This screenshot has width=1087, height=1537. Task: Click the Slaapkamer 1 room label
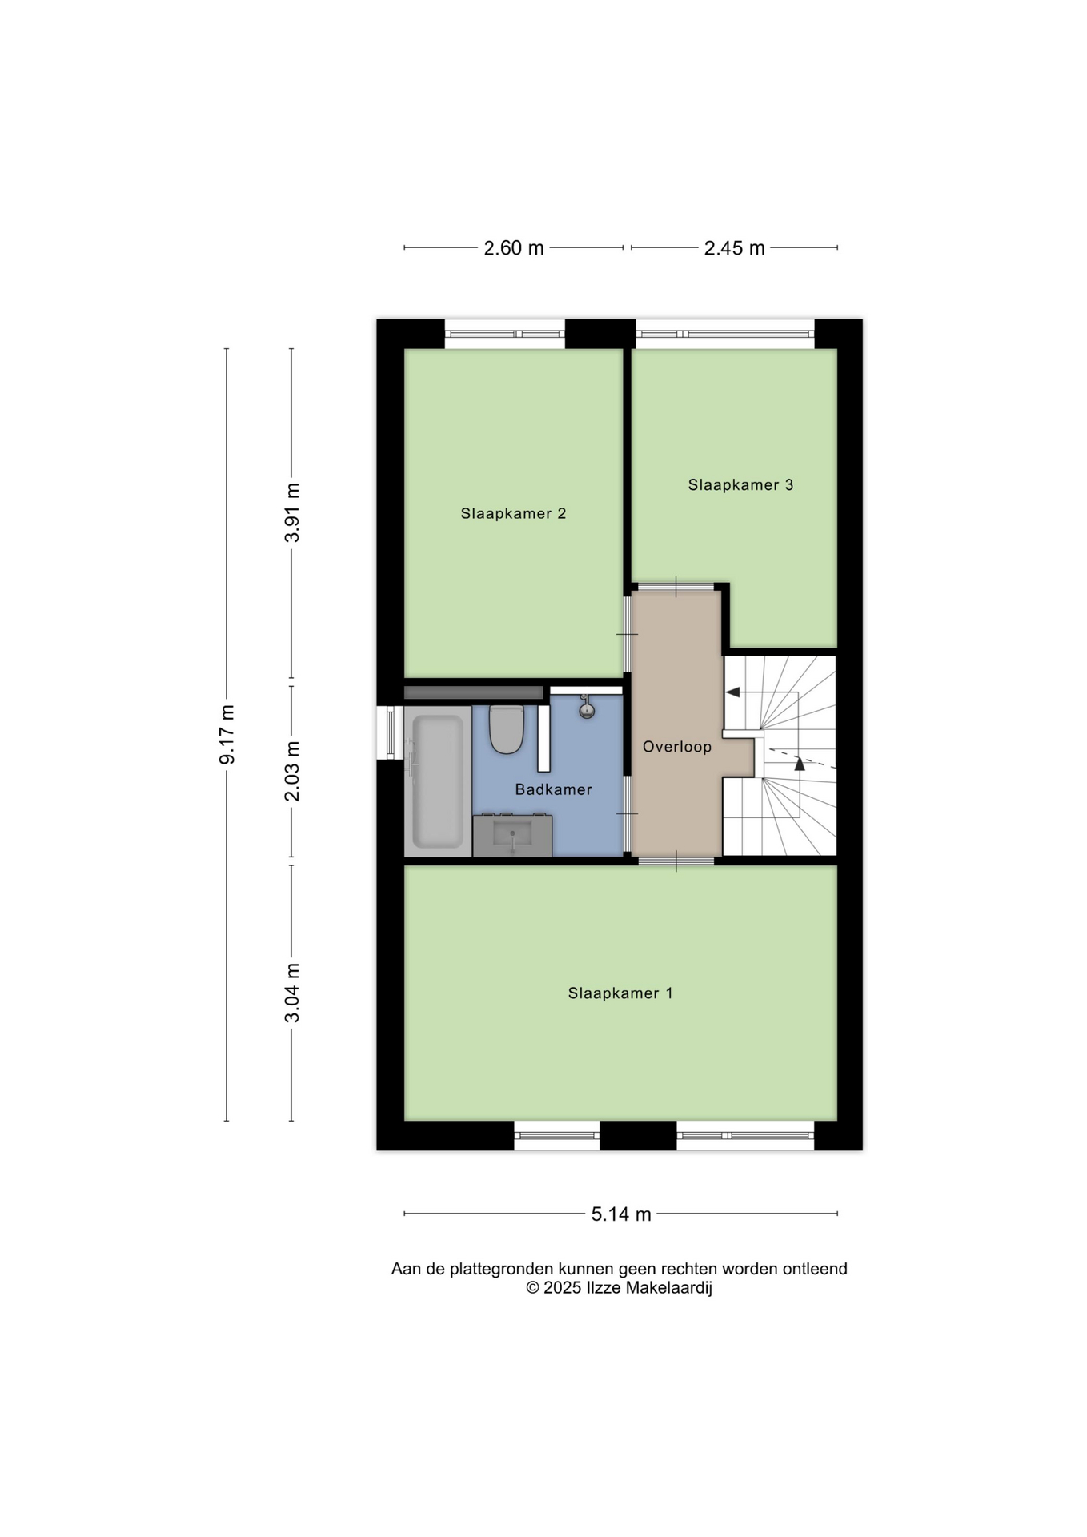tap(620, 993)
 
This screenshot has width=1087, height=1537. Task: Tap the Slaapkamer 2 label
tap(513, 513)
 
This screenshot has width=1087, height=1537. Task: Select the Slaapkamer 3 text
tap(740, 484)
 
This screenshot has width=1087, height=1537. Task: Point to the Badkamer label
tap(553, 789)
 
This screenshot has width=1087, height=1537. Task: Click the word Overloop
tap(677, 747)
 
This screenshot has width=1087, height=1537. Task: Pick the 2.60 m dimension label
tap(514, 248)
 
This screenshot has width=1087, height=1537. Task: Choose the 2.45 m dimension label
tap(735, 248)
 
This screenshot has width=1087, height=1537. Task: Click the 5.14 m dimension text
tap(621, 1214)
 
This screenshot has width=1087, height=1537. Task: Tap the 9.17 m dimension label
tap(227, 734)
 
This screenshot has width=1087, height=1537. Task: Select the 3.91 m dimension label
tap(292, 512)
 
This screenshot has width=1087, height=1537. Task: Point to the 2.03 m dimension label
tap(292, 771)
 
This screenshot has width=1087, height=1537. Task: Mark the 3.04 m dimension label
tap(292, 993)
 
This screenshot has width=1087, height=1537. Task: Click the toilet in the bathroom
tap(506, 728)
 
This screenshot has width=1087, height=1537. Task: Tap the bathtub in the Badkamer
tap(437, 781)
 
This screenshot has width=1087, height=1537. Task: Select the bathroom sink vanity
tap(512, 835)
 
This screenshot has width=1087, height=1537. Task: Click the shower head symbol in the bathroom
tap(587, 706)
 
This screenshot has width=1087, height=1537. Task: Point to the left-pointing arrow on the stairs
tap(732, 692)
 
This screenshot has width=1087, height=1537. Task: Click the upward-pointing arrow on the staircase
tap(799, 763)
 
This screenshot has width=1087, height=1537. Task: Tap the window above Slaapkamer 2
tap(505, 334)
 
